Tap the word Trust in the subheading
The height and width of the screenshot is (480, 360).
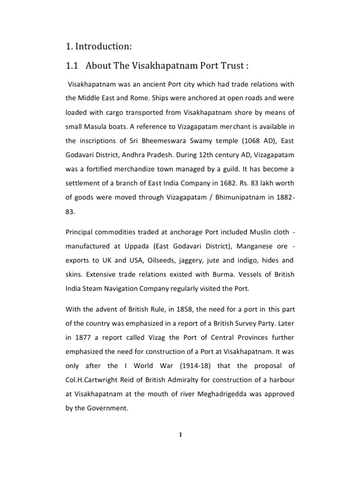pyautogui.click(x=227, y=66)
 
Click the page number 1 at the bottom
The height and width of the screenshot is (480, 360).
pyautogui.click(x=180, y=435)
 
